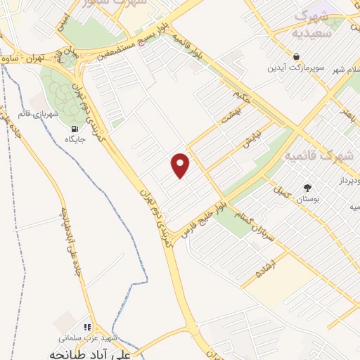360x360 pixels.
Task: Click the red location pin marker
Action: tap(181, 164)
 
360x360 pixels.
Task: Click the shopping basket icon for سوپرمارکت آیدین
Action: tap(297, 56)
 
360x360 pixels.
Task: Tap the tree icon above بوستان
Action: tap(307, 187)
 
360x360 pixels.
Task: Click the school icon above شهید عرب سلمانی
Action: tap(88, 327)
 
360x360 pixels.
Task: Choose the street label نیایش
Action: tap(251, 139)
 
